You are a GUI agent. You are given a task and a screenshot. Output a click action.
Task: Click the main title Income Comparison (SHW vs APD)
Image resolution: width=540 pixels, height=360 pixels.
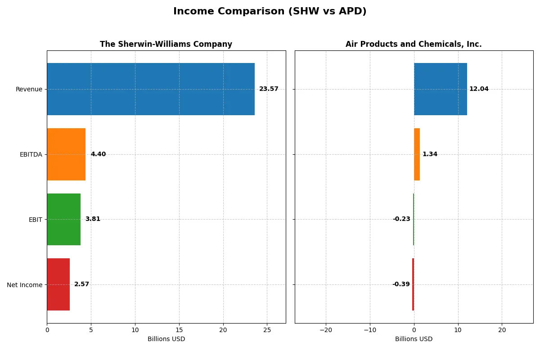click(270, 12)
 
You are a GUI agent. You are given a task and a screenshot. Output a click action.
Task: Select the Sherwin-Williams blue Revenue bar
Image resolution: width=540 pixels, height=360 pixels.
click(150, 89)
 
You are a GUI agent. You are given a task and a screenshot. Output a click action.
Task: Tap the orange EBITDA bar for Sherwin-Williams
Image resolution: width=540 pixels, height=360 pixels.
click(66, 154)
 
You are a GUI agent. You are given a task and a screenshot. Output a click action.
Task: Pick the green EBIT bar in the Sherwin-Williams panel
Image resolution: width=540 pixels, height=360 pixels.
click(63, 219)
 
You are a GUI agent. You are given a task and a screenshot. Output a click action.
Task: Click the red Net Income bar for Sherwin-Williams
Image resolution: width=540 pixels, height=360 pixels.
click(58, 284)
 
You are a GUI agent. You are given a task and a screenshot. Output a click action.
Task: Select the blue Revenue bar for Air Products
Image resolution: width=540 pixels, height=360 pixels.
click(440, 89)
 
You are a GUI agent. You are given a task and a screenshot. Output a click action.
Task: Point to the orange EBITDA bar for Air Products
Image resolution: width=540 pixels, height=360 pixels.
click(417, 154)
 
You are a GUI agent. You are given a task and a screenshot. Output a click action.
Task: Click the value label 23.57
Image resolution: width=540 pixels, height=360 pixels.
click(269, 89)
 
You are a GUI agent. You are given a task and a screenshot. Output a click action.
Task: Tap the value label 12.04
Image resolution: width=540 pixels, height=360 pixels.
click(479, 89)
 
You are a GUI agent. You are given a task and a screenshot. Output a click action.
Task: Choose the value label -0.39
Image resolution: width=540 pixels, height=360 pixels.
click(401, 284)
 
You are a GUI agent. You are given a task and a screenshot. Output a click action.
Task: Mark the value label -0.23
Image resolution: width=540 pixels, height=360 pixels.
click(401, 219)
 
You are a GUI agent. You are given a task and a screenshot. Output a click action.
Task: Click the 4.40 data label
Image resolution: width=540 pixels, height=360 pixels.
click(98, 154)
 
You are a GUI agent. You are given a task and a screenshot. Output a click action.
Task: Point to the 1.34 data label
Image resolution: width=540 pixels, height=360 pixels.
click(430, 154)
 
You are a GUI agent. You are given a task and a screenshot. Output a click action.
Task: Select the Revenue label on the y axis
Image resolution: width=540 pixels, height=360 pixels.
click(29, 89)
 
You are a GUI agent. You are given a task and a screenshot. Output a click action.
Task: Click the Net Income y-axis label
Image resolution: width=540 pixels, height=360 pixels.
click(25, 284)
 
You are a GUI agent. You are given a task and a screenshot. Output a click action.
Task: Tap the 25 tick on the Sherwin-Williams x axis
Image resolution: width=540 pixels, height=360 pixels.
click(267, 330)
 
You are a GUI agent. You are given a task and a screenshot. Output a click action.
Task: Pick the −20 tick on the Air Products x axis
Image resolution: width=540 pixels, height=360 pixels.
click(326, 330)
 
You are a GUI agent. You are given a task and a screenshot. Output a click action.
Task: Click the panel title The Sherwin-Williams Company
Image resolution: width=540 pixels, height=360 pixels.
click(166, 44)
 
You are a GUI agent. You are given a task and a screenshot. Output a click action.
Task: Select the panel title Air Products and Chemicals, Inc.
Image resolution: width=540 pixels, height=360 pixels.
click(414, 44)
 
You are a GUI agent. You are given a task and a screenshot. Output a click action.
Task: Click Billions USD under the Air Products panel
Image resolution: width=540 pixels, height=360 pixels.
click(414, 339)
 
